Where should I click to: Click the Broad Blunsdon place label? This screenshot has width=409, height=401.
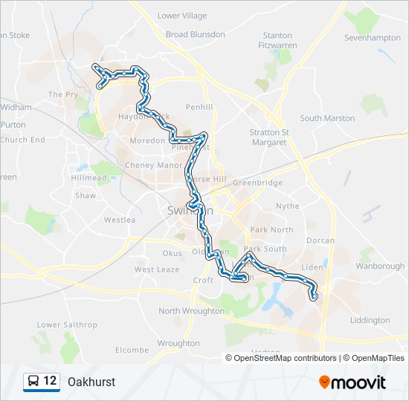point(195,34)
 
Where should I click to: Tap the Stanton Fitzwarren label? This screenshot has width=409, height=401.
point(277,40)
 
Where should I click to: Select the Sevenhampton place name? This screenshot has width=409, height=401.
point(373,37)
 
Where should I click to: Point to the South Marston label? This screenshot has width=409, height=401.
point(327,118)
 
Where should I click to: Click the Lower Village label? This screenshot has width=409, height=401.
point(182,16)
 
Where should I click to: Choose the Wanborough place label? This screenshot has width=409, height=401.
point(380,266)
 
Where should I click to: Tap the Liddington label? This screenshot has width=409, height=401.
point(370,320)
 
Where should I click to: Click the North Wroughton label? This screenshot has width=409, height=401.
point(190,311)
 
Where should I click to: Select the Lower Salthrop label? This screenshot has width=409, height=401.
point(67,325)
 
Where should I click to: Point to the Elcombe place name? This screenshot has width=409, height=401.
point(132,350)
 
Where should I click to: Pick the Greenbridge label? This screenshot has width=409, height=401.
point(257,183)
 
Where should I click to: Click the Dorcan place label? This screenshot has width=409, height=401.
point(320,241)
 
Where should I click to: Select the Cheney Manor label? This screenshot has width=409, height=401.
point(153,166)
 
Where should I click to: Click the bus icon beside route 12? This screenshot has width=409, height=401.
point(33,382)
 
